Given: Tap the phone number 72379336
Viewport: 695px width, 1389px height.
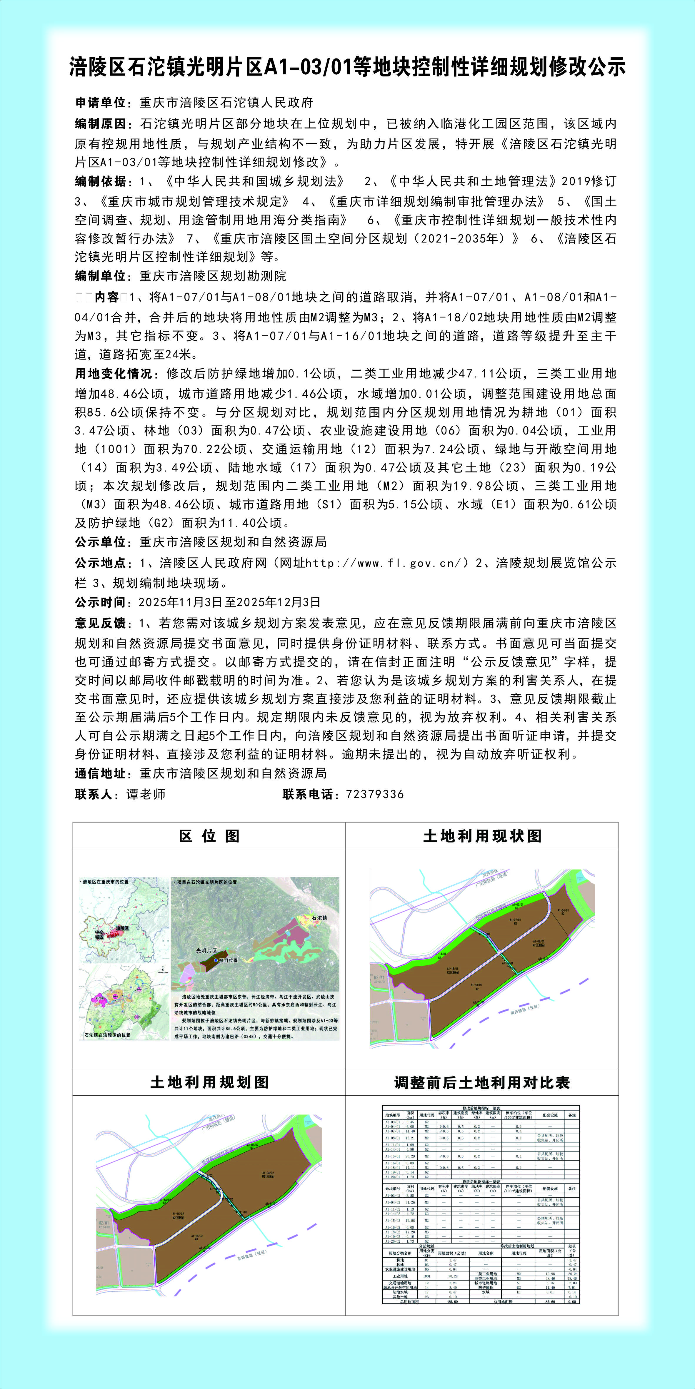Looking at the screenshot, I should point(374,794).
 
